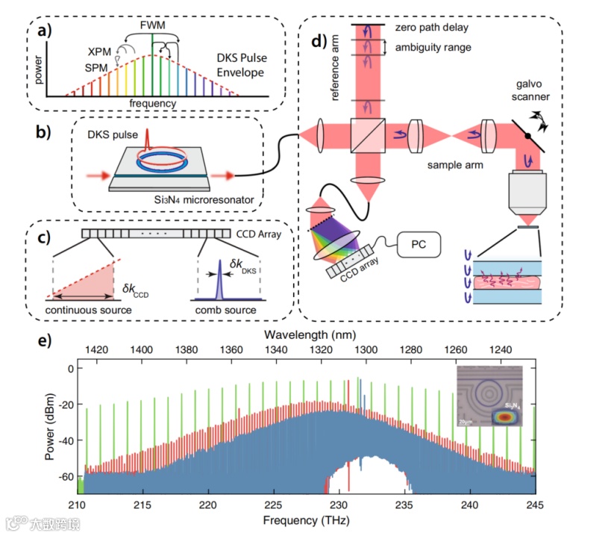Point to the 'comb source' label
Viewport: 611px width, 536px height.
[x=219, y=309]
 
